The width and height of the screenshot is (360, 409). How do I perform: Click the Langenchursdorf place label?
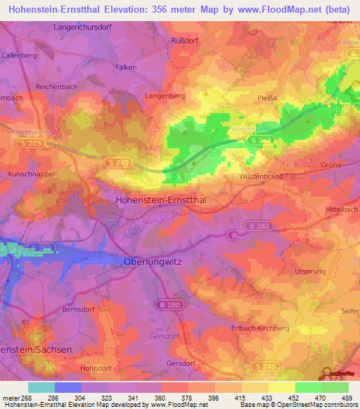(x=84, y=27)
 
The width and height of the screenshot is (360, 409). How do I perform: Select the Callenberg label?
(x=19, y=55)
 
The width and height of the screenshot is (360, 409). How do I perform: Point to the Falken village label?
(x=105, y=67)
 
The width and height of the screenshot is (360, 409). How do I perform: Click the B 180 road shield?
(x=164, y=305)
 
